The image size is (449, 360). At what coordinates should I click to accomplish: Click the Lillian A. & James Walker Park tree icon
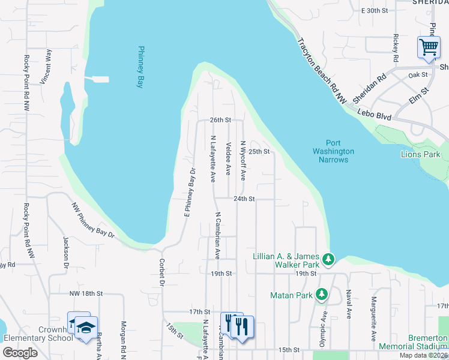(328, 259)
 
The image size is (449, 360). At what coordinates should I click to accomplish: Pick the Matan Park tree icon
(322, 294)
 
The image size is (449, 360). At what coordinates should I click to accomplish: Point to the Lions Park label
(420, 154)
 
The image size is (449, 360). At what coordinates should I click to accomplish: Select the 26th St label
(220, 120)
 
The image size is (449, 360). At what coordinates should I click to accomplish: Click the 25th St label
(259, 151)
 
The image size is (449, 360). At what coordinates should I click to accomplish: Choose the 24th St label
(244, 199)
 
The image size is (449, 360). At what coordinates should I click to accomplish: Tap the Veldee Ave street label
(228, 158)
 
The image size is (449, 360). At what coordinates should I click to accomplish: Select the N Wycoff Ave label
(243, 160)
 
